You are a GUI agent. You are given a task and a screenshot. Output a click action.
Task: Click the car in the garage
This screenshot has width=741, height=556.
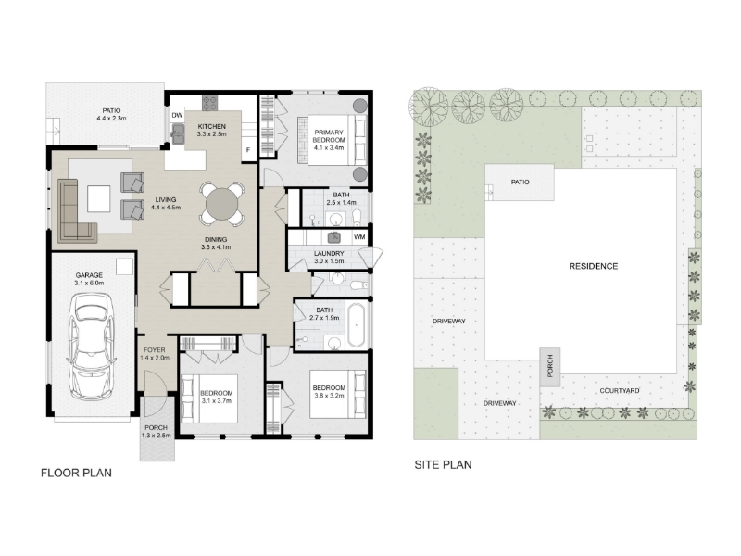[x=91, y=347]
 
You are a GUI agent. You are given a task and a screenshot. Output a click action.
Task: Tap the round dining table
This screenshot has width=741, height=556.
[x=221, y=204]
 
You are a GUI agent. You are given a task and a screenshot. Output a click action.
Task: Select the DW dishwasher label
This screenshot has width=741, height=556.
[x=177, y=115]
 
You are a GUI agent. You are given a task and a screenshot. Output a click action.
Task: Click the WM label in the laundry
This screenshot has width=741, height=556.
[x=359, y=237]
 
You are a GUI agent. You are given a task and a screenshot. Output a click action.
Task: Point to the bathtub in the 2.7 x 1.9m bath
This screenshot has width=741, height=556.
[x=356, y=325]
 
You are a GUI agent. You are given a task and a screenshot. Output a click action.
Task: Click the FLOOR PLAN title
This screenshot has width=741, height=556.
[x=76, y=473]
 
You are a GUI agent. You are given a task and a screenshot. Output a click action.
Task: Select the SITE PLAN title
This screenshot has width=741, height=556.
[x=443, y=465]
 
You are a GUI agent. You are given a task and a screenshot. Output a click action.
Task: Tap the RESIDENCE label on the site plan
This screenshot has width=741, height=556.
[x=593, y=266]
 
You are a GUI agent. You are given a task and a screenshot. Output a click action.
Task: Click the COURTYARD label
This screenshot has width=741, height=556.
[x=620, y=390]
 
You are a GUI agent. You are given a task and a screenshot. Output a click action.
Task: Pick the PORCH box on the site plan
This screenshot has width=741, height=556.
[x=550, y=367]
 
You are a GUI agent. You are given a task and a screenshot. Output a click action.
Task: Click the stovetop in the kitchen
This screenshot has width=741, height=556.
[x=210, y=103]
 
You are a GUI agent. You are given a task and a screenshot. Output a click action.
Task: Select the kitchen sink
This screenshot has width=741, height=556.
[x=178, y=133]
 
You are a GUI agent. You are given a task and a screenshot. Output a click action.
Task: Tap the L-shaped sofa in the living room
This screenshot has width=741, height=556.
[x=74, y=211]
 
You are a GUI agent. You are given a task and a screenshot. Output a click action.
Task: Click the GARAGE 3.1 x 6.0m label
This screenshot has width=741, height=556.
[x=89, y=279]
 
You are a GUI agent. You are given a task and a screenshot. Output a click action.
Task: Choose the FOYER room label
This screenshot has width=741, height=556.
[x=155, y=350]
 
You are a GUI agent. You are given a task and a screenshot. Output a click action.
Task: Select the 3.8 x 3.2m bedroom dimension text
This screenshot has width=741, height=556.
[x=329, y=396]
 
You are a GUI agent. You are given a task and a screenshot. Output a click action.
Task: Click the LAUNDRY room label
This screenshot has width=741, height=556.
[x=329, y=253]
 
